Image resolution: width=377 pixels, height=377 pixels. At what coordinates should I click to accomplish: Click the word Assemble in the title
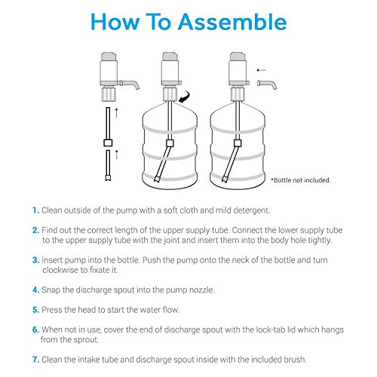(x=232, y=22)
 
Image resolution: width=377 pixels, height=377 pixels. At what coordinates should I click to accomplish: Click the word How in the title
(x=115, y=22)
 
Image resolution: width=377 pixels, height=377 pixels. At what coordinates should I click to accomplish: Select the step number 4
(x=35, y=290)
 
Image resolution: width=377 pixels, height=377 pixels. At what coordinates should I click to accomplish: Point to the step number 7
(x=35, y=360)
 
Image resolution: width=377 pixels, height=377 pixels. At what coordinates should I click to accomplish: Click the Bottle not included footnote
(x=301, y=180)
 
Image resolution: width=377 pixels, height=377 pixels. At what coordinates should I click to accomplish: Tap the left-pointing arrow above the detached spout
(x=262, y=70)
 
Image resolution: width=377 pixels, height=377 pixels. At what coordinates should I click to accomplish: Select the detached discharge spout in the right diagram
(x=267, y=84)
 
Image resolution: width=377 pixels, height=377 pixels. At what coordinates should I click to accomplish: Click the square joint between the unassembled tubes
(x=108, y=143)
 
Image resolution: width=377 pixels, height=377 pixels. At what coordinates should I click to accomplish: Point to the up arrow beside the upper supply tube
(x=116, y=113)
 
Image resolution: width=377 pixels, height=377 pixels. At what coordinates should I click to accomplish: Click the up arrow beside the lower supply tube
(x=116, y=155)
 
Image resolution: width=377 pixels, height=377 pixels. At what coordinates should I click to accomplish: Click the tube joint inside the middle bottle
(x=170, y=143)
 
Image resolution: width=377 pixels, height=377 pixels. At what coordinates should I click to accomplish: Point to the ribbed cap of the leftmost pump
(x=109, y=93)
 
